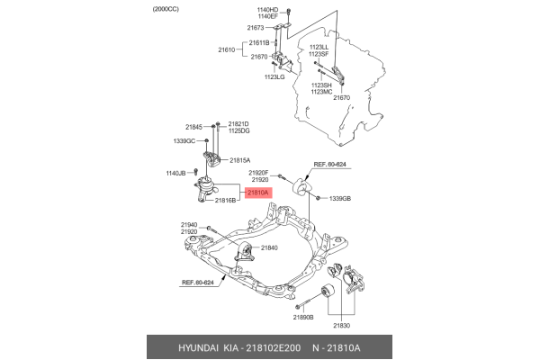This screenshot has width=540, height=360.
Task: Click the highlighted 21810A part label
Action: click(258, 193)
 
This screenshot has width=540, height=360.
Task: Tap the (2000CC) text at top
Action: click(166, 9)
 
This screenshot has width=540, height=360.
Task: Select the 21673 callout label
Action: click(256, 28)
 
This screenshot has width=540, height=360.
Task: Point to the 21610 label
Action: click(226, 49)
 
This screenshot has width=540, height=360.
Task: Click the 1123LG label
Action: click(274, 76)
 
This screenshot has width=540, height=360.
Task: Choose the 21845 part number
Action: click(193, 127)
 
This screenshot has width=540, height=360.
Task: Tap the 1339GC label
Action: click(184, 141)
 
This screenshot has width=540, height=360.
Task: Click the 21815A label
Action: click(240, 160)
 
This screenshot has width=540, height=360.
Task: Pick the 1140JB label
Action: click(176, 174)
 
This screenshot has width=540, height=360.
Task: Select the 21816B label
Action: click(225, 200)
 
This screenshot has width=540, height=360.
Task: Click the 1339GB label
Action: click(340, 198)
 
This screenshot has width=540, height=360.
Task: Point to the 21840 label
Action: click(269, 247)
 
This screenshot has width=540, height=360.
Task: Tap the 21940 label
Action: click(189, 225)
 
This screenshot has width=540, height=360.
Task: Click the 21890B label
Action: click(303, 318)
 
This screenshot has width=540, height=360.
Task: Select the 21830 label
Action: click(341, 326)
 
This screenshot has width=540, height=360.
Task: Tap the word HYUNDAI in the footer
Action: click(198, 348)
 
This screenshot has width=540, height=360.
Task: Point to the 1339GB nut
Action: click(319, 198)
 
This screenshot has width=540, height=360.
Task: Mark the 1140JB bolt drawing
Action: click(195, 172)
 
